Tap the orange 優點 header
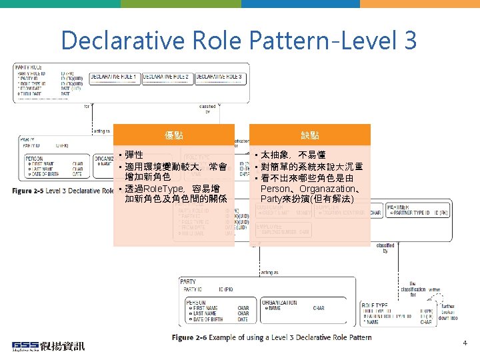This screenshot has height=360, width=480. coord(174,135)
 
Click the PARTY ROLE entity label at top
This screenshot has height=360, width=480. coord(29,67)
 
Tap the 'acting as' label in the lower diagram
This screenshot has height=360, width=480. coord(269,272)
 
